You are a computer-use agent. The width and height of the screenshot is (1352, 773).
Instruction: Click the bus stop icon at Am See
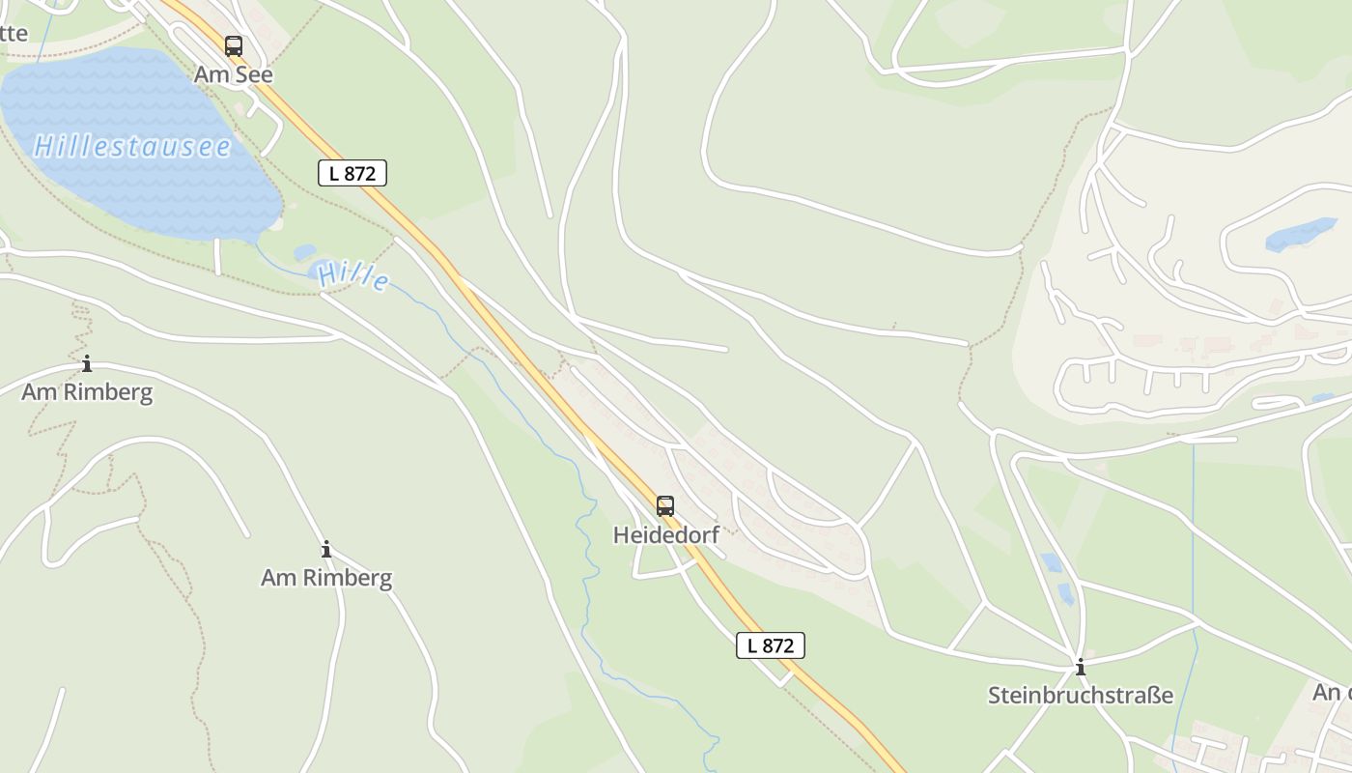234,45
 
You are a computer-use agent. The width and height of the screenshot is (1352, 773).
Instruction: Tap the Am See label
234,74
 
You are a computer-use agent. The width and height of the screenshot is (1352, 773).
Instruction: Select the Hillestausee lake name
132,146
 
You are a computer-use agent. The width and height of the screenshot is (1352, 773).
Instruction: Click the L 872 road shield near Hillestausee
352,173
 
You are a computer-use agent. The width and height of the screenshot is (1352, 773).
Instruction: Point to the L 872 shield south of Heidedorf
770,645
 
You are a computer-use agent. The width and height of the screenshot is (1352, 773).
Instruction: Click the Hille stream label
353,276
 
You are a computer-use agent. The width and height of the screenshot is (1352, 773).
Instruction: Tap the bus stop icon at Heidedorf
665,505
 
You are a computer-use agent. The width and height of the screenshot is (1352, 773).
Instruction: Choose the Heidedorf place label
666,534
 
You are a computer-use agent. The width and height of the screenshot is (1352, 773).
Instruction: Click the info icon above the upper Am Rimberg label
87,363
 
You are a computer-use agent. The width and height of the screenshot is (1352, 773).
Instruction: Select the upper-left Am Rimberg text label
87,391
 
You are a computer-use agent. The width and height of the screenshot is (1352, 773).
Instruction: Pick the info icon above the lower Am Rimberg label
326,549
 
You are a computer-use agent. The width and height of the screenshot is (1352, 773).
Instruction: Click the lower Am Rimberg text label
326,578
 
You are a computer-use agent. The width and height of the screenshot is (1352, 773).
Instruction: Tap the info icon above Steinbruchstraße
1081,667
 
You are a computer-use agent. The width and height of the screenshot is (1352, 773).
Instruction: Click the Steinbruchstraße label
1081,695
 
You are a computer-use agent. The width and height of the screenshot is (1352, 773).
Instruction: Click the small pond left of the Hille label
305,252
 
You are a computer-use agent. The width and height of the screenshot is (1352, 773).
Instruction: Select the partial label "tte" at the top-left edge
14,33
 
